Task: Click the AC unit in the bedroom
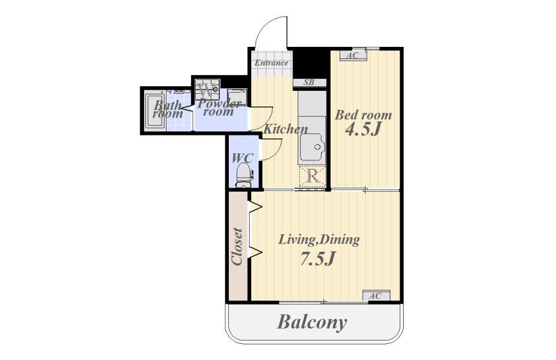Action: (x=353, y=56)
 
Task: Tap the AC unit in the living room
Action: (x=376, y=296)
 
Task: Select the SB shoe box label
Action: (x=309, y=83)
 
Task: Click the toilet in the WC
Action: (x=244, y=174)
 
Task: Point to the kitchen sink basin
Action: (x=312, y=146)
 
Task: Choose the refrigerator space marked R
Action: (x=312, y=176)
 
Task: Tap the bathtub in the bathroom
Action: (x=155, y=111)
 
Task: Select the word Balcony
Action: (x=312, y=322)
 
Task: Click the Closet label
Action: (x=237, y=247)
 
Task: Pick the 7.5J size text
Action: (x=317, y=259)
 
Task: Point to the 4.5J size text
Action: (x=363, y=130)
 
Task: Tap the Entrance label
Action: (x=272, y=64)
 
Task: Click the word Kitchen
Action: (x=286, y=129)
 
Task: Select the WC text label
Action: (x=243, y=157)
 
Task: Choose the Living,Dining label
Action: (x=319, y=240)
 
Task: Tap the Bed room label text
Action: (x=364, y=115)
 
